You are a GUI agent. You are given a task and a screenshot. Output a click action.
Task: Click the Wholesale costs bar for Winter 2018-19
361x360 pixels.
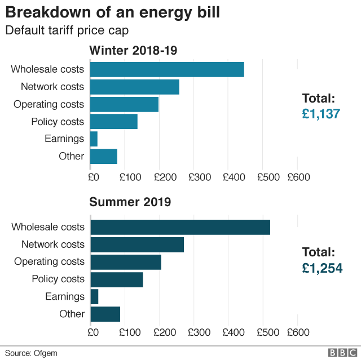[167, 69]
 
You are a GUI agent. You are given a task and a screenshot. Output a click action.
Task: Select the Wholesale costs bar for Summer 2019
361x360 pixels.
[180, 227]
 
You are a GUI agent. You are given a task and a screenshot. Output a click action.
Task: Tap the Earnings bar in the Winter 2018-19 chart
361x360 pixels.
[94, 139]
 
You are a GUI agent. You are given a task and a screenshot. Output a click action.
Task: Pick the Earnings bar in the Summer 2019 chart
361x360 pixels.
[94, 296]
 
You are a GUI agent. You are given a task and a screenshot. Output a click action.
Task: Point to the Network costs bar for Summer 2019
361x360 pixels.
[137, 245]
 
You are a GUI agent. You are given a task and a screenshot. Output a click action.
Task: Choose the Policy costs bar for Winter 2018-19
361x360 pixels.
[114, 121]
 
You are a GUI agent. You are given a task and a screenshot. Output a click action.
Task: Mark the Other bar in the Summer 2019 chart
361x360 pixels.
[105, 314]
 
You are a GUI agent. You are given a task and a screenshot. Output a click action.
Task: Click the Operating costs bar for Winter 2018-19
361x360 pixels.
[124, 104]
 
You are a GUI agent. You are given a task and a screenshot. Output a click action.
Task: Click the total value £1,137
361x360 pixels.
[321, 114]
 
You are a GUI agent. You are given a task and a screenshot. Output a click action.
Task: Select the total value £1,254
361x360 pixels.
[322, 268]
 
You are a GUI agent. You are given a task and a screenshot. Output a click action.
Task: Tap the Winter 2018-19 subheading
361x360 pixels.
[134, 51]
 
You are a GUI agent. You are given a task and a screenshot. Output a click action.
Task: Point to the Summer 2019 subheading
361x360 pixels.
[130, 202]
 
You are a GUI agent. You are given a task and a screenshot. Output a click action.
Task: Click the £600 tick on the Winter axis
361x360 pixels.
[298, 177]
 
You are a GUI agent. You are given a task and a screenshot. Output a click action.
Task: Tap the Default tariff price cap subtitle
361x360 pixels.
[67, 30]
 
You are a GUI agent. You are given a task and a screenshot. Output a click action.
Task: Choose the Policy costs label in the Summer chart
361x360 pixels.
[58, 279]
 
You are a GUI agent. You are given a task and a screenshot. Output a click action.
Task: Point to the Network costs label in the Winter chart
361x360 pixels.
[52, 87]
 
